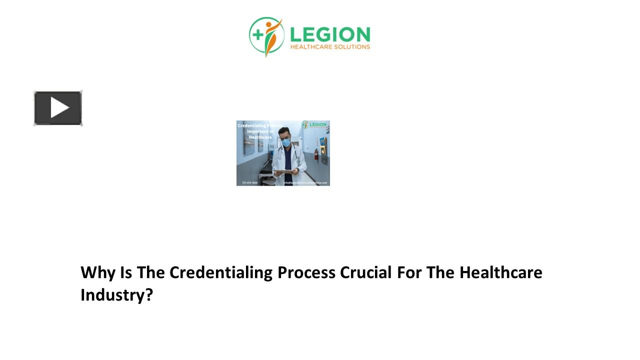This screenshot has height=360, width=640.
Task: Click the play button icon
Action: pos(58,108)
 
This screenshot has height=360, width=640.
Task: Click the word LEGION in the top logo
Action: pos(330,34)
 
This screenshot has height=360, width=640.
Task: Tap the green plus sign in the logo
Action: pos(258,34)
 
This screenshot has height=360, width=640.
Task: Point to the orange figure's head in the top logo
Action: pos(270,24)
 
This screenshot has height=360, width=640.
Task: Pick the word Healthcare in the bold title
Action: pos(501,272)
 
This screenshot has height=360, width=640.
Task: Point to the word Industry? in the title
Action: pos(116,295)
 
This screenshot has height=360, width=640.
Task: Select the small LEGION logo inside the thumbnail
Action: pos(314,124)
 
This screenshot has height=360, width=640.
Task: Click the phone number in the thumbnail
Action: pos(249,183)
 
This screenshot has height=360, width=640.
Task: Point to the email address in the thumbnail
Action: pos(305,183)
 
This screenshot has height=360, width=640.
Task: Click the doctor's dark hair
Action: pos(284,130)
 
